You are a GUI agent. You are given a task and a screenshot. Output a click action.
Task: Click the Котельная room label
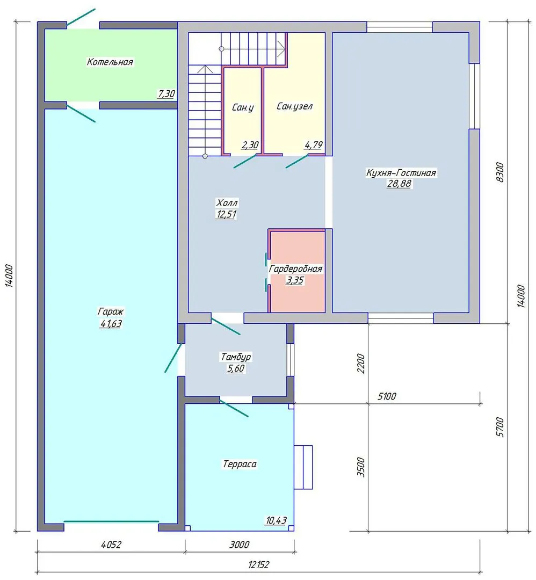coord(110,62)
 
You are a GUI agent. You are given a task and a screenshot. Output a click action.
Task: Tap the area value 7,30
coord(166,93)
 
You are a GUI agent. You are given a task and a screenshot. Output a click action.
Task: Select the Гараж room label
coord(111,311)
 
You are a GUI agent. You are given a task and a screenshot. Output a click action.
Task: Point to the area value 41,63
coord(111,324)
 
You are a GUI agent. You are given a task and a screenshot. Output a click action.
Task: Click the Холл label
coord(227,202)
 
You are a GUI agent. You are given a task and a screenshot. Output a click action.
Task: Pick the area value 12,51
coord(226,214)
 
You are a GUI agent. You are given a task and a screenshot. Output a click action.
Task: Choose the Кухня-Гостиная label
coord(401,173)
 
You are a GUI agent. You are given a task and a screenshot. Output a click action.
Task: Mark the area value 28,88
coord(399,184)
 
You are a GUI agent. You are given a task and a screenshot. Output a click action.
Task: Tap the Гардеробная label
coord(295,269)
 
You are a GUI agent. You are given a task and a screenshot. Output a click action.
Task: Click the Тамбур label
coord(236,357)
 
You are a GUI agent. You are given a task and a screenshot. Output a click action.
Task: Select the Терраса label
coord(240,464)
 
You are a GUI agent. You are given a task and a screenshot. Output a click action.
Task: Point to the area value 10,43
coord(276,520)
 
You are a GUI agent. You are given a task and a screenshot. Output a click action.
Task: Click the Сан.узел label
coord(294,106)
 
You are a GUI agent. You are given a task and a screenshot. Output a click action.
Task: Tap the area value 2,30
coord(250,145)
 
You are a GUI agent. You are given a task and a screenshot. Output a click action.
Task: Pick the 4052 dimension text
coord(111,545)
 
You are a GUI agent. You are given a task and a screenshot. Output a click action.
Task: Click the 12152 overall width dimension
coord(259,565)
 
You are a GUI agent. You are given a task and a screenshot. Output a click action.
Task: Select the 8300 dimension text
coord(499,172)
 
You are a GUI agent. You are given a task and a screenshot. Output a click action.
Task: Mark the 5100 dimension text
coord(387,396)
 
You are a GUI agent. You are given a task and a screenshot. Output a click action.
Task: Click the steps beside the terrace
coord(303,467)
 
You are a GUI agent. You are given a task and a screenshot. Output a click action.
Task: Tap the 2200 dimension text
coord(361,364)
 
